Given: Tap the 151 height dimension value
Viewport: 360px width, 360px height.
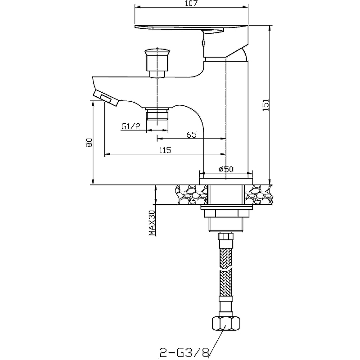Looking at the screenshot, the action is tap(265, 105).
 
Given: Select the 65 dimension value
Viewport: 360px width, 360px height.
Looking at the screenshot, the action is tap(191, 135).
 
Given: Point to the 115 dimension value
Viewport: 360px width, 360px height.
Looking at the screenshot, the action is tap(165, 150).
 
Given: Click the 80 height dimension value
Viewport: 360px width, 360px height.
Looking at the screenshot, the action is tap(89, 143).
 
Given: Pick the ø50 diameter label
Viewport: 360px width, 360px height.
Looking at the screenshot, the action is tap(226, 169).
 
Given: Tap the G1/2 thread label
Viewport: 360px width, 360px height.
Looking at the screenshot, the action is tap(130, 126).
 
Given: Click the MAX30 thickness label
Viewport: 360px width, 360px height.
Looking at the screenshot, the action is tap(152, 223).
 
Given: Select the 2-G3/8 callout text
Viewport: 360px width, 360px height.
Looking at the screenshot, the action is tap(184, 352).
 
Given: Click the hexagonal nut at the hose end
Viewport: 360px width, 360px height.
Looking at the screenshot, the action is tap(226, 323).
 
